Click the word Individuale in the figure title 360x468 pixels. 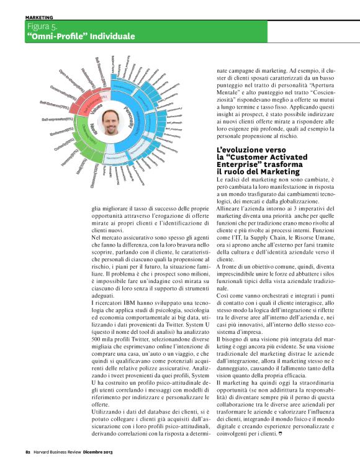pyautogui.click(x=112, y=37)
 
